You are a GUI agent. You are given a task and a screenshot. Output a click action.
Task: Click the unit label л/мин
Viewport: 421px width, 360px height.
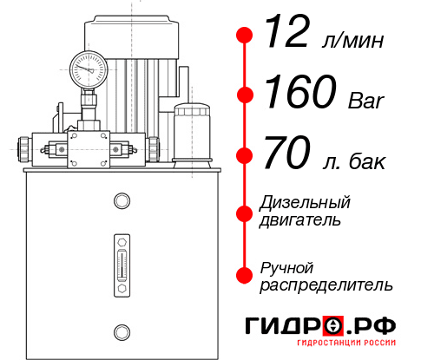coord(352,41)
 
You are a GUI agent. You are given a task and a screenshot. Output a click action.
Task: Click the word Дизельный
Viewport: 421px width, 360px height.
coord(306,203)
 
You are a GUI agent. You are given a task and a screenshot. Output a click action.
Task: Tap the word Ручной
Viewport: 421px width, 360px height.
coord(287,266)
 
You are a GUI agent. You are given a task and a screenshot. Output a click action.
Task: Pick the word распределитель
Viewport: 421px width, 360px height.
coord(326,285)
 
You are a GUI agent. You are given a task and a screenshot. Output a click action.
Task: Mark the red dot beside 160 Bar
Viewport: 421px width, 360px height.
coord(245,95)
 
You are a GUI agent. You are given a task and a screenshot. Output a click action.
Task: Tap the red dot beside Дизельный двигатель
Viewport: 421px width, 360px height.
coord(245,212)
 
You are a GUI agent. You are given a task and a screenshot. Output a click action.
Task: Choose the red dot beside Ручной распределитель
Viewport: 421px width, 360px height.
coord(245,275)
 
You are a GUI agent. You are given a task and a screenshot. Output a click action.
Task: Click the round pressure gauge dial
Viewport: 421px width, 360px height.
coord(88,66)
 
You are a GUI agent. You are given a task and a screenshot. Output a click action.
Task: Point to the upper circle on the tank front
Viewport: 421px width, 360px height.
coord(122,201)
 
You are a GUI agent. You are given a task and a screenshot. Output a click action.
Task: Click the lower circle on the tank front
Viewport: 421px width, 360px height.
coord(122,330)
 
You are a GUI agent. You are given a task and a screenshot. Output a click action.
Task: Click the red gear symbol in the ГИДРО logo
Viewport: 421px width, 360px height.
coord(333,327)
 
